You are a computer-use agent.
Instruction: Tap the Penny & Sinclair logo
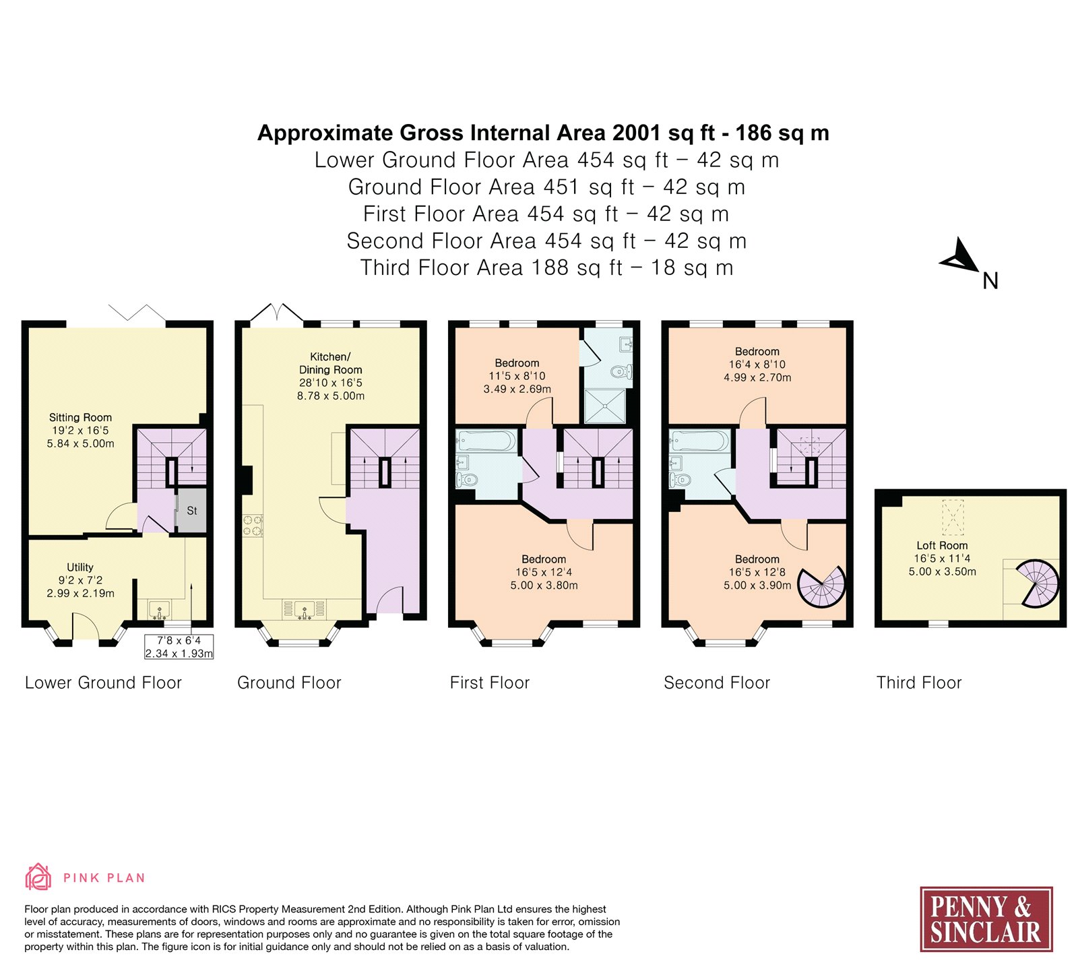pos(986,919)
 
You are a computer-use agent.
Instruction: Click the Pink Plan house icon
pos(38,877)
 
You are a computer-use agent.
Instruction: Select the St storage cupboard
pos(191,511)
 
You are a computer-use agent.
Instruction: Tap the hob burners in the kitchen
pos(253,526)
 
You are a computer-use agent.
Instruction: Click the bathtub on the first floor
pos(486,441)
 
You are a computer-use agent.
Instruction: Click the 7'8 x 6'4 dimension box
pos(179,647)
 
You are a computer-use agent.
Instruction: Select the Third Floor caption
pos(919,683)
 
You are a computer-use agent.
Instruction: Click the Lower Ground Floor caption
pos(103,683)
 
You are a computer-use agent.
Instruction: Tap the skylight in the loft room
pos(953,517)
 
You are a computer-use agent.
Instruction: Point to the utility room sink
pos(160,610)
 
